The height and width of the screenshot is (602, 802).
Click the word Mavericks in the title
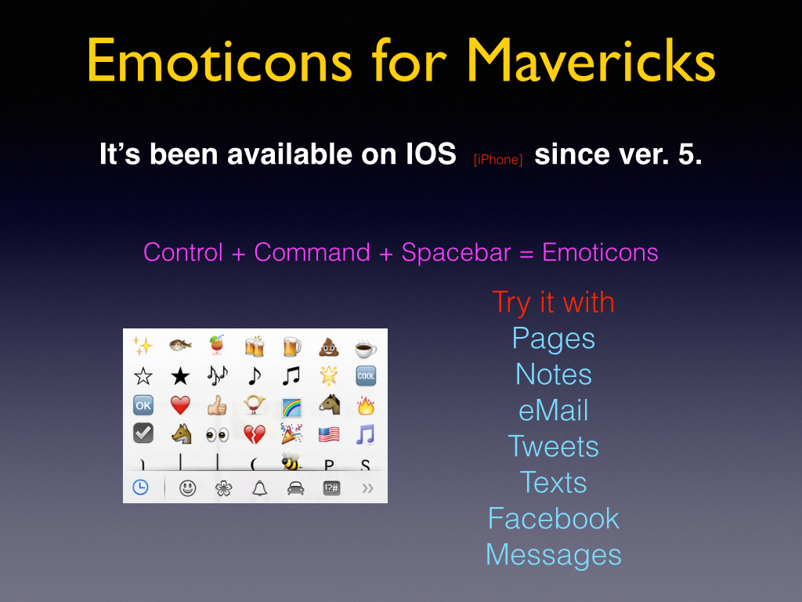click(x=591, y=60)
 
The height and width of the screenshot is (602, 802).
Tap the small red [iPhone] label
click(x=497, y=160)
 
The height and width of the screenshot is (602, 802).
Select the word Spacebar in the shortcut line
click(x=456, y=252)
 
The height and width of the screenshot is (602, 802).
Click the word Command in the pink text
click(x=312, y=252)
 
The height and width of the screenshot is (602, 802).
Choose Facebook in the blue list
click(x=554, y=519)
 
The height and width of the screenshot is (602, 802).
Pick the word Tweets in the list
click(x=554, y=446)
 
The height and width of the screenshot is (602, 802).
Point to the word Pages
click(x=554, y=339)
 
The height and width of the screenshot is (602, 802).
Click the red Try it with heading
click(x=553, y=303)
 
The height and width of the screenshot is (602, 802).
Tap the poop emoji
click(x=329, y=347)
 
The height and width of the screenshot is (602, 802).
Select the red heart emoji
click(x=180, y=405)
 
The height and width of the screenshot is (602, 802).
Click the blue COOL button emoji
click(x=366, y=375)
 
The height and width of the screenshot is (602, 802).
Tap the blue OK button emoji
click(x=143, y=405)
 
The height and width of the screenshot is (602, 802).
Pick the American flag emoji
click(x=329, y=434)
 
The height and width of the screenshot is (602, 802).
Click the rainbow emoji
click(x=291, y=408)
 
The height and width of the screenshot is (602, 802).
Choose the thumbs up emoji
click(x=217, y=405)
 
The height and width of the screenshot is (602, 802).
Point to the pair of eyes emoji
click(x=218, y=436)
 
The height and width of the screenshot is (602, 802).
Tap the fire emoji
click(x=366, y=405)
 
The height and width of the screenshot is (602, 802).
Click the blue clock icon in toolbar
click(x=141, y=488)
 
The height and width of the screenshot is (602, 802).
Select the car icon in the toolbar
click(x=295, y=488)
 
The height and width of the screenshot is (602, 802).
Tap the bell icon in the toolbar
click(x=260, y=488)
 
